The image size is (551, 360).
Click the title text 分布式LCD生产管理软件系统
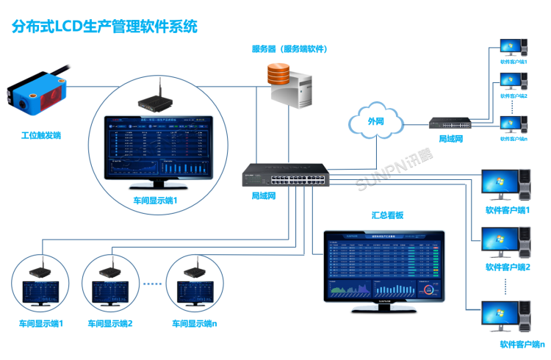(x=104, y=26)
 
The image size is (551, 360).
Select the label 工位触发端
(x=41, y=136)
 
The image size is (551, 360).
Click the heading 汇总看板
(x=388, y=216)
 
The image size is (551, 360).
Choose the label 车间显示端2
(x=110, y=323)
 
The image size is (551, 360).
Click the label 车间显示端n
(x=195, y=323)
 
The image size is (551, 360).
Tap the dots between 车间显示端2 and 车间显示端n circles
(x=152, y=284)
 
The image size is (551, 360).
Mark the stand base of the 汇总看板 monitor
(x=383, y=312)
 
